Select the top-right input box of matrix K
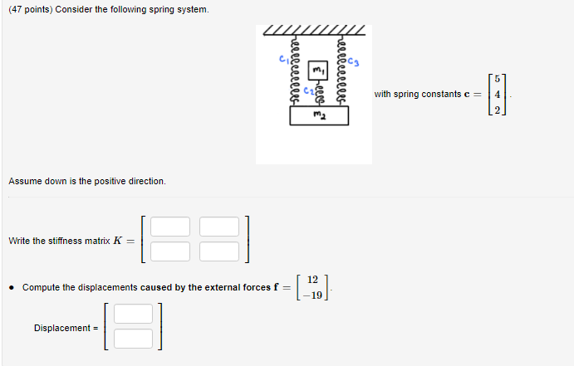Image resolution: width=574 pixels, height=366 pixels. (x=219, y=227)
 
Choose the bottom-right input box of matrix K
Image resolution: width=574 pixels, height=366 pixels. (x=219, y=251)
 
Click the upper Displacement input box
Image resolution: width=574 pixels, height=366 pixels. (x=134, y=314)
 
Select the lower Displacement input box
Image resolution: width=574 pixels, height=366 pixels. (x=134, y=339)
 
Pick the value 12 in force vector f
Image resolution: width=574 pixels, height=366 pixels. (x=312, y=281)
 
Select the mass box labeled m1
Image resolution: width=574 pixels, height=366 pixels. (x=318, y=70)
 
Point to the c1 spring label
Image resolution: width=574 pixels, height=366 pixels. (x=282, y=59)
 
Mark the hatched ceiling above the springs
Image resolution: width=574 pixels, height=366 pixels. (x=313, y=32)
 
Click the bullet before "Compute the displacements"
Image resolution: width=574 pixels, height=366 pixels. (x=12, y=287)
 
